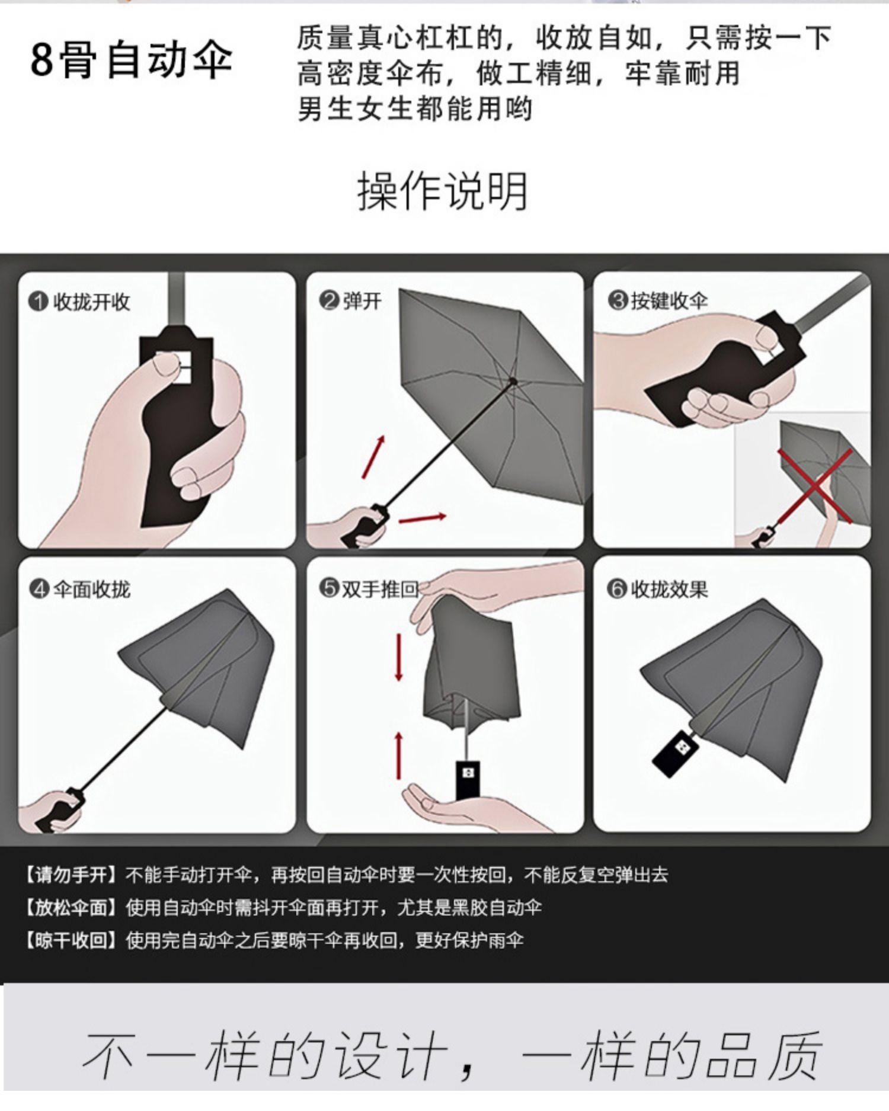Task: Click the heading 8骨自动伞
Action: pos(131,60)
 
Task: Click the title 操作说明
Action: pos(442,191)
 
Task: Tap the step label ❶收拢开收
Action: pos(79,302)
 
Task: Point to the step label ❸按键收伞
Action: pos(658,301)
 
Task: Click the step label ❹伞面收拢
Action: pos(79,590)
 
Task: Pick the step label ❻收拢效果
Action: pos(658,589)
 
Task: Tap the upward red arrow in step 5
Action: pos(399,755)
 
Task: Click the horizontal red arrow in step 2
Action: pos(422,518)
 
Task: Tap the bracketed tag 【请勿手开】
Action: pos(71,875)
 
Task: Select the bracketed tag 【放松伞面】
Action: pos(71,908)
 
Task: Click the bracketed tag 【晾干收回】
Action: pos(71,940)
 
